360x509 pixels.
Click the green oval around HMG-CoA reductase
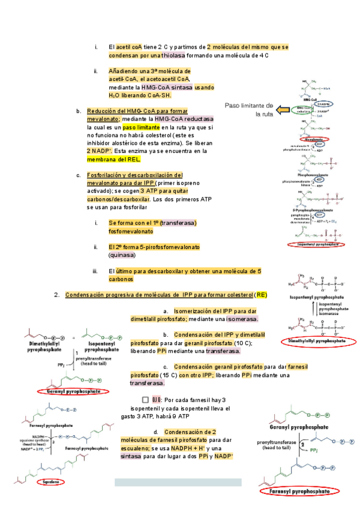(301, 110)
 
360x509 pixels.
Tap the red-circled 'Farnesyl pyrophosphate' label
(298, 490)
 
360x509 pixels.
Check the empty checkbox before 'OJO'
(145, 400)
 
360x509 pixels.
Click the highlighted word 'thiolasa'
(169, 55)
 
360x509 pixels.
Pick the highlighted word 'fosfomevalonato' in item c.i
(131, 231)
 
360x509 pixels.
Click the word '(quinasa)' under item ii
(122, 255)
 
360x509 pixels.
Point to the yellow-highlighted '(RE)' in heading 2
(261, 295)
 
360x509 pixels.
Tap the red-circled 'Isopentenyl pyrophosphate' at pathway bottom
(317, 244)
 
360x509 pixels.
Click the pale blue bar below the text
(178, 482)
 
